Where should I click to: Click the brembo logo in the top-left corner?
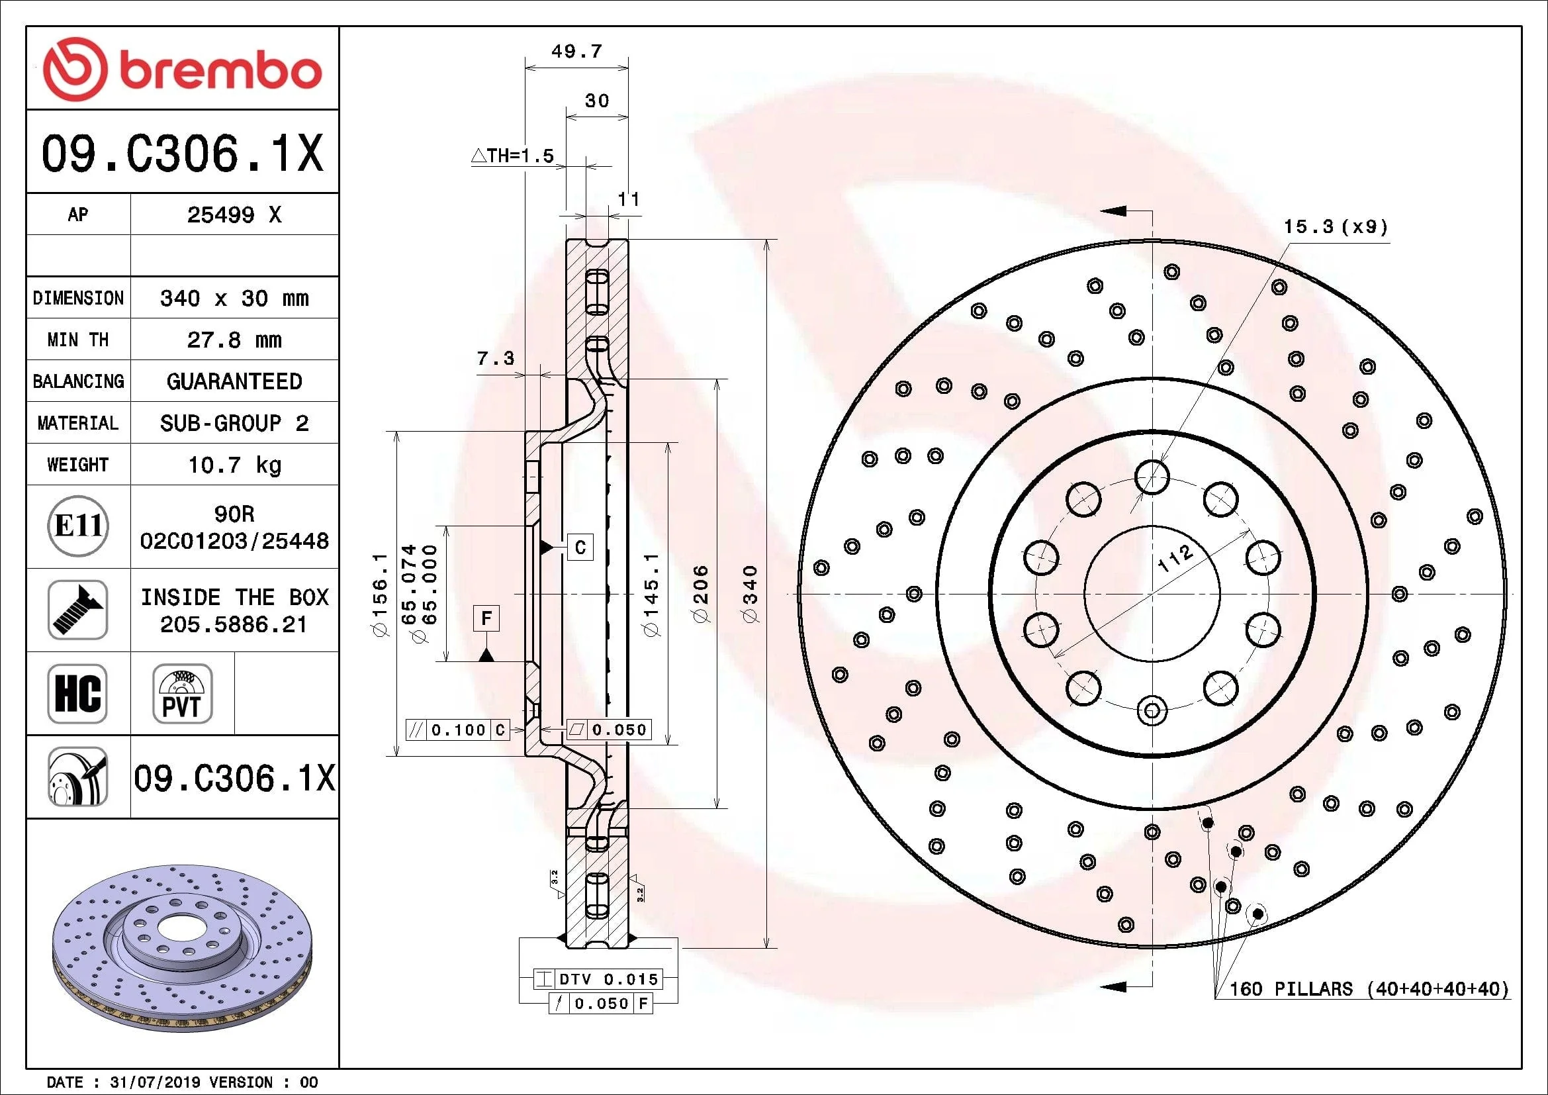pos(182,70)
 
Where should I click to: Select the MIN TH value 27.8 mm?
pos(234,340)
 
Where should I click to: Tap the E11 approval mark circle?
pos(78,526)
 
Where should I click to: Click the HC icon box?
pos(78,693)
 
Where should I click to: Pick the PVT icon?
pos(182,693)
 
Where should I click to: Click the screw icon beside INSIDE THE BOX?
pos(78,610)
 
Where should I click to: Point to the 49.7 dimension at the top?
pos(576,51)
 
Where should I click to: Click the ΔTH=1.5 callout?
pos(512,156)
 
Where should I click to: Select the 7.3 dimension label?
pos(496,358)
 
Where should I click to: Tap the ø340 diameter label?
pos(750,593)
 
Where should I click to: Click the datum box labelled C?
pos(580,547)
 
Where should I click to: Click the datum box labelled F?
pos(487,618)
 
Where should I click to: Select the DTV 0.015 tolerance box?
pos(598,979)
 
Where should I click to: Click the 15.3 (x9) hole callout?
pos(1335,226)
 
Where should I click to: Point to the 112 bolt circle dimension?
pos(1175,557)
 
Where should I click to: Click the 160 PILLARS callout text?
pos(1369,989)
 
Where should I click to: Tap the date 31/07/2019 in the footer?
pos(155,1082)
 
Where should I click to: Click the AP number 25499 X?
pos(234,214)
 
